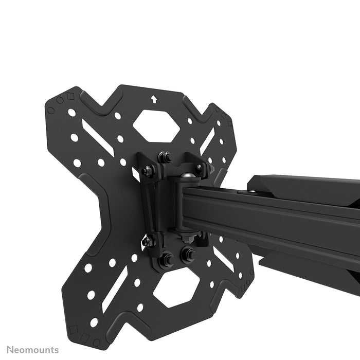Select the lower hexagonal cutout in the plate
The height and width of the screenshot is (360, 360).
point(176,287)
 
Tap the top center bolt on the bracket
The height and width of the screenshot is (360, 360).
point(165,157)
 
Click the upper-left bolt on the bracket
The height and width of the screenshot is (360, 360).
point(148,171)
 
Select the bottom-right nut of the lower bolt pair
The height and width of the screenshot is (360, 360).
point(186,254)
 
